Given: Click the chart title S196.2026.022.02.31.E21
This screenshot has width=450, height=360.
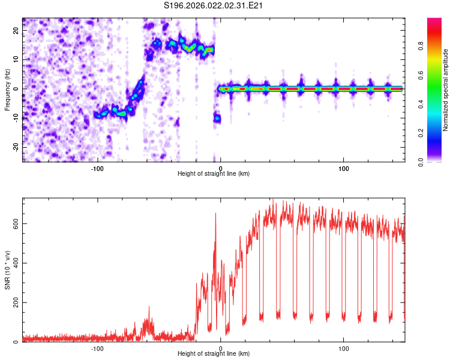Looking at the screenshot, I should click(x=214, y=6).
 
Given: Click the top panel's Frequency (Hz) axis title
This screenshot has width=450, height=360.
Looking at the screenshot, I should click(x=7, y=89).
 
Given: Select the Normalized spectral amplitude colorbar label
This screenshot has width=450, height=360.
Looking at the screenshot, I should click(x=445, y=90).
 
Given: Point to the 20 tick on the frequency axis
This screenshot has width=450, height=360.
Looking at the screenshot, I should click(x=16, y=31).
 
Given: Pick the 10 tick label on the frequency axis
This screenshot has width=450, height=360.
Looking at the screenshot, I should click(x=16, y=59).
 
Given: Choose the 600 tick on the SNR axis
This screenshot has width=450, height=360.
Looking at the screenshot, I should click(x=13, y=223).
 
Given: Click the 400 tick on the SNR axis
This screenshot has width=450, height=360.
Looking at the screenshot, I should click(x=13, y=263).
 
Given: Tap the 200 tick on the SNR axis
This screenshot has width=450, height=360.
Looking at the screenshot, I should click(x=13, y=302).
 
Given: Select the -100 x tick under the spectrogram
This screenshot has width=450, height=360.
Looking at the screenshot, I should click(x=97, y=167).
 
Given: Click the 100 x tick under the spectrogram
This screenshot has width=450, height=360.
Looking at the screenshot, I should click(x=344, y=167).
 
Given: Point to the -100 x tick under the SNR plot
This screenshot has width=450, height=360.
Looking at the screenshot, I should click(x=97, y=349).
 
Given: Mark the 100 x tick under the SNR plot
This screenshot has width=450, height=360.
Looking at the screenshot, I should click(x=344, y=349).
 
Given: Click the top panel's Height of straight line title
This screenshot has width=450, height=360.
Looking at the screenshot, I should click(x=214, y=174).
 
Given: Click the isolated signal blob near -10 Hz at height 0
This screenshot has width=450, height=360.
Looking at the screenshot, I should click(x=217, y=118).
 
